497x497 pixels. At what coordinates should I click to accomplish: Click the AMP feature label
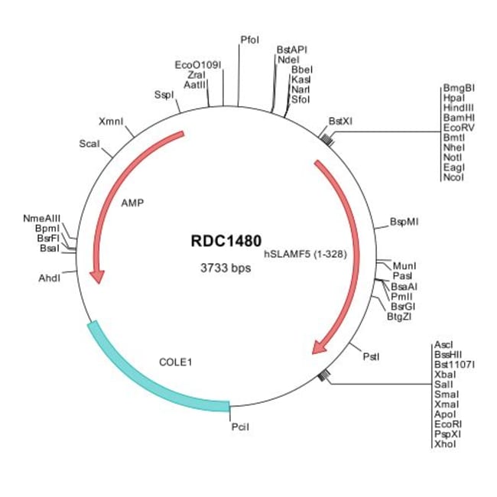(x=132, y=203)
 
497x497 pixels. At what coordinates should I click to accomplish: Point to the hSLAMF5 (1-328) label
(x=306, y=255)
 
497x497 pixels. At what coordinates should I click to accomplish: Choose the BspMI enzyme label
(x=404, y=223)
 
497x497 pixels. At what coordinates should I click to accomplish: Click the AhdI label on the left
(x=50, y=278)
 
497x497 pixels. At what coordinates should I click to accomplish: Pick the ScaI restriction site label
(x=90, y=144)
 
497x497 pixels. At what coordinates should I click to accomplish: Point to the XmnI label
(x=112, y=121)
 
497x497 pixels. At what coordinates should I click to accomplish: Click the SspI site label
(x=164, y=95)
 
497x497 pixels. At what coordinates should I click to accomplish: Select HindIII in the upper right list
(x=459, y=108)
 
